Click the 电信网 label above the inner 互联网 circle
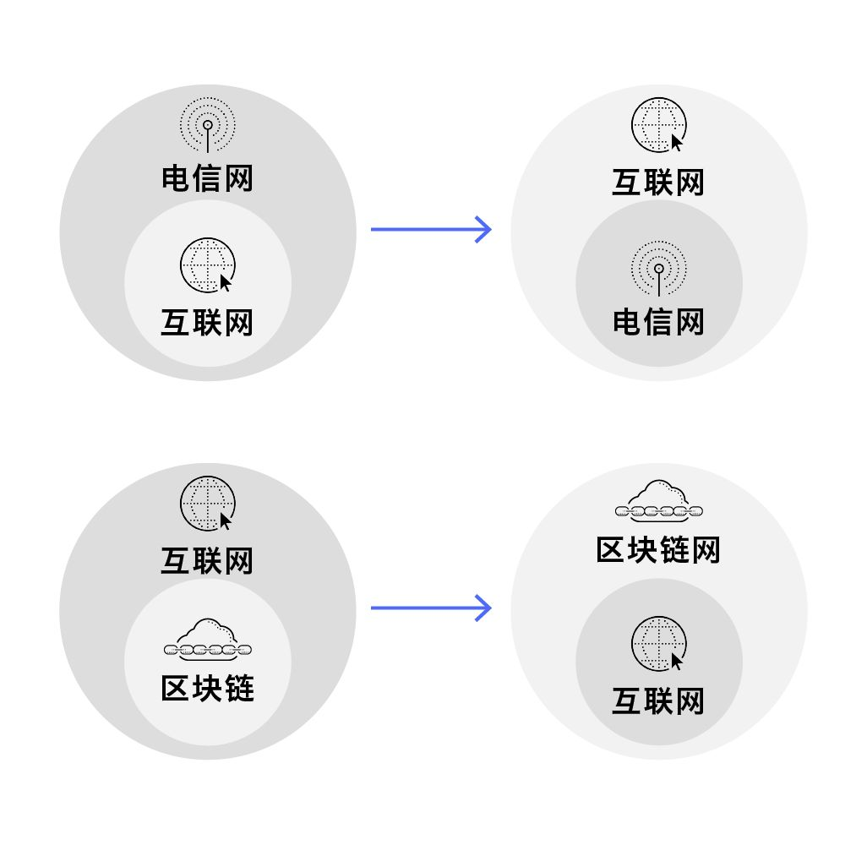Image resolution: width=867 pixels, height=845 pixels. click(207, 179)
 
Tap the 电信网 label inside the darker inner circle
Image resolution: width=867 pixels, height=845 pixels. click(658, 322)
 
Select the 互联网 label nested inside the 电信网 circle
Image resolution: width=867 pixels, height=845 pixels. click(207, 323)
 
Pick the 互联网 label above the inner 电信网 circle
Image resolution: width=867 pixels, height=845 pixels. click(658, 183)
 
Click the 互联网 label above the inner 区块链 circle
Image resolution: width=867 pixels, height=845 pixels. click(207, 561)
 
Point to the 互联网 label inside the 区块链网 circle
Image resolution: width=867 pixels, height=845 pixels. click(658, 701)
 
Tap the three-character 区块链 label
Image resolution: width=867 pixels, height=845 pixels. click(207, 689)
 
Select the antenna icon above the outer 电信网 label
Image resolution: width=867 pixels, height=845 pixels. click(207, 125)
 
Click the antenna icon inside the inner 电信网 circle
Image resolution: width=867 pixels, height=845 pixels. click(658, 269)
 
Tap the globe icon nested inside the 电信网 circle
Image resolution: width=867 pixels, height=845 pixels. click(207, 265)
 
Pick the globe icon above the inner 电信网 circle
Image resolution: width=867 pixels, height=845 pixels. click(658, 126)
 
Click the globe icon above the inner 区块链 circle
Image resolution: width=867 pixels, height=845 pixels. click(207, 504)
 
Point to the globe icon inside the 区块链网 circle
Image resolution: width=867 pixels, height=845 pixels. click(658, 645)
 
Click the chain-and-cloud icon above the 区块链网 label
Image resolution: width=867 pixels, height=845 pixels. click(658, 500)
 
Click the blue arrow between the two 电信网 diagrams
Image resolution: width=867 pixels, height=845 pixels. click(431, 229)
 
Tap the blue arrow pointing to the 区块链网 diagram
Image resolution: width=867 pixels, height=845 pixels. click(431, 608)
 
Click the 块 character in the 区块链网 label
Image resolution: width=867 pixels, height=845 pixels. click(643, 550)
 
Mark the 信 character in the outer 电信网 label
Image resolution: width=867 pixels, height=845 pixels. click(207, 179)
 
